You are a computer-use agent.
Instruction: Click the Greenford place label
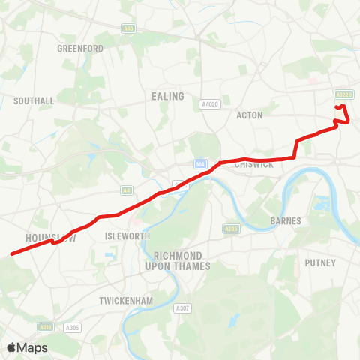click(80, 49)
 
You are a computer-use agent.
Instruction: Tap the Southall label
click(34, 100)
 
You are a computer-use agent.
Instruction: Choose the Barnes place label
click(286, 221)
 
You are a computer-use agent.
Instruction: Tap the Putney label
click(320, 262)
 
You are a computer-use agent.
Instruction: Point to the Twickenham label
click(126, 301)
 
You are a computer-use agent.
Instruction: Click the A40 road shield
click(128, 28)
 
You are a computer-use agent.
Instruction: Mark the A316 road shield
click(45, 327)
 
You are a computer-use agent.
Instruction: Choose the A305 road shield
click(72, 327)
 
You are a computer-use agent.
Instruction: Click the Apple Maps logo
click(27, 348)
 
